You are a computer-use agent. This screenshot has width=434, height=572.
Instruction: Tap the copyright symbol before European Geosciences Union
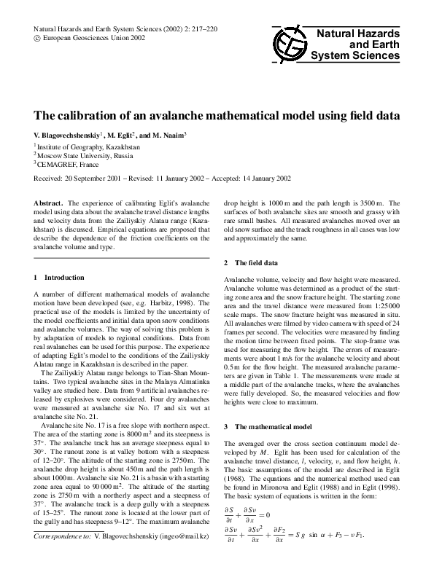pos(38,36)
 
